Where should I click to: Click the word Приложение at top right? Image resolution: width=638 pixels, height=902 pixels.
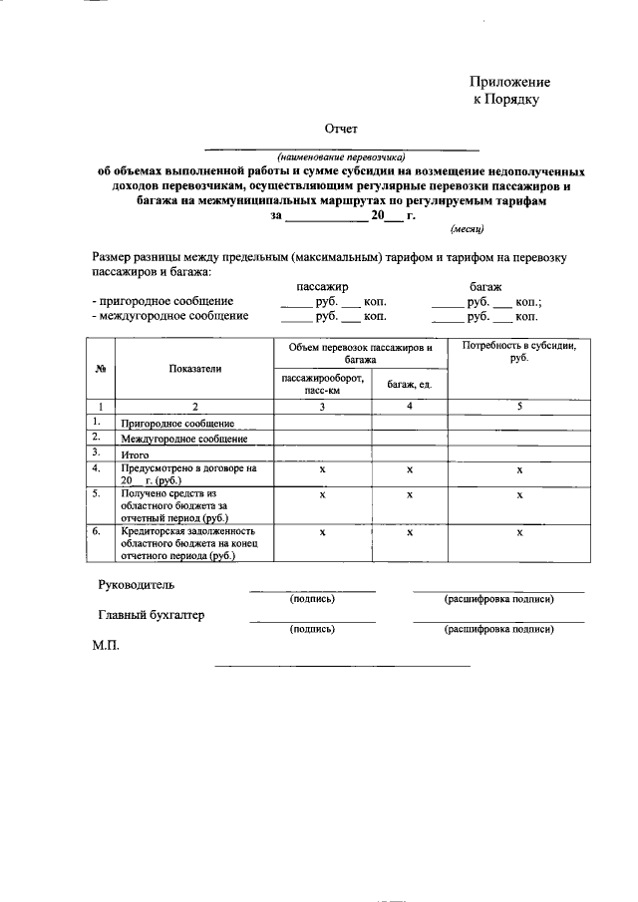click(x=509, y=83)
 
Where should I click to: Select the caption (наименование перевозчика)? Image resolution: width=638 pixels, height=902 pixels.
click(x=342, y=156)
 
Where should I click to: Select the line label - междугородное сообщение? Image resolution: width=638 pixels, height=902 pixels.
click(x=168, y=317)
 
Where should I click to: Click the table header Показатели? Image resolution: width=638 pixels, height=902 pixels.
click(x=195, y=369)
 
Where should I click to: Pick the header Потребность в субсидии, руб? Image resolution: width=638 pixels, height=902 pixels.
click(x=518, y=351)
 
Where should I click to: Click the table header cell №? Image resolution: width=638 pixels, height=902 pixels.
click(x=101, y=369)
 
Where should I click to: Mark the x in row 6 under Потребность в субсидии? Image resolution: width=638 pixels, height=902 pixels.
click(x=519, y=533)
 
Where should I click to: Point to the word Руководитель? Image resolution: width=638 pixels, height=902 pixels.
click(x=136, y=584)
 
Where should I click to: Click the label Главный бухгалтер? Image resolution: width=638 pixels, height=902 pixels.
click(x=152, y=616)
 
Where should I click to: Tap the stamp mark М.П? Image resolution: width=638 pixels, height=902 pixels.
click(x=106, y=647)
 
